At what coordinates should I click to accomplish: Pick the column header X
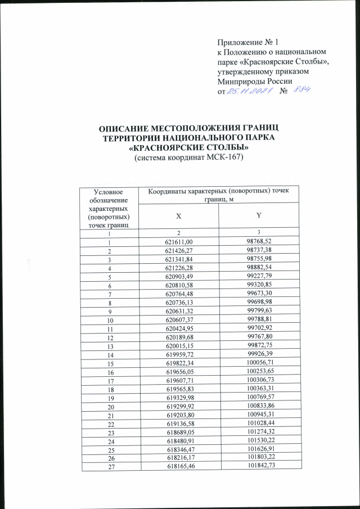pos(179,215)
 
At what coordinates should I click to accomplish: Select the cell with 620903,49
pos(179,277)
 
